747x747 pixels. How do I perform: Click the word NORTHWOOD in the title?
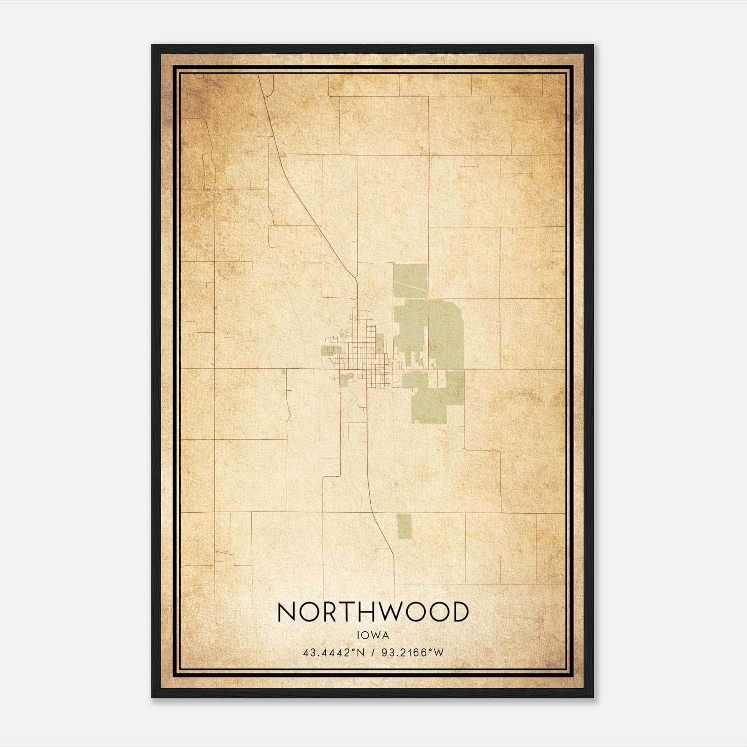click(x=373, y=612)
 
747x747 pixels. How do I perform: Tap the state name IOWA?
click(x=373, y=635)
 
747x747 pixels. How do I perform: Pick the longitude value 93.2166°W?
click(x=412, y=652)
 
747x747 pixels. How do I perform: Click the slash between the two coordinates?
click(x=371, y=652)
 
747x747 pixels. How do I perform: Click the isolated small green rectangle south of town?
click(x=405, y=525)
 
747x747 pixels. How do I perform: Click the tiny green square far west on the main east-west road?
click(x=284, y=372)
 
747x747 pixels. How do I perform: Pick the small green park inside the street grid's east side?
click(x=380, y=345)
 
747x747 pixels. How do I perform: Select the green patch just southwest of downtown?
click(x=346, y=380)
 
